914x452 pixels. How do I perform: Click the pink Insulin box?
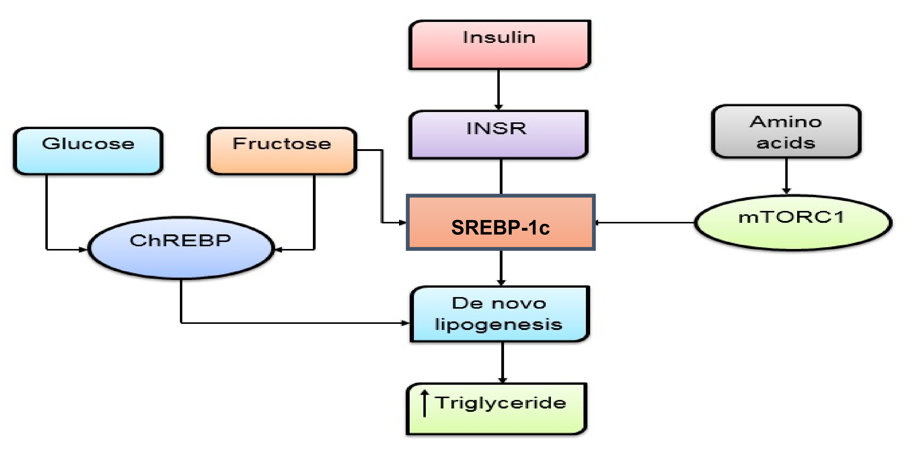[x=499, y=44]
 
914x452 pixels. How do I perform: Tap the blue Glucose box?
[x=88, y=151]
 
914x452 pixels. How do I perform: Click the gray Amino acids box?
[x=786, y=131]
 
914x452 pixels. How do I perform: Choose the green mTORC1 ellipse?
[x=792, y=223]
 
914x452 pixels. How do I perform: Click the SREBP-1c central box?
[x=500, y=222]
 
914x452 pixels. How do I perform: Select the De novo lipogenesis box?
[x=499, y=314]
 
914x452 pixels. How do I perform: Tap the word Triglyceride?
[x=501, y=403]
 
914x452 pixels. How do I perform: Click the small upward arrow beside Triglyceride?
[x=424, y=403]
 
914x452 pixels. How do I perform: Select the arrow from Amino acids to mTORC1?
[x=786, y=176]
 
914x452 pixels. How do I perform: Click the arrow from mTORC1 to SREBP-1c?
[x=644, y=223]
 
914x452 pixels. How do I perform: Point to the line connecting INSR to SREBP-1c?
[x=501, y=176]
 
